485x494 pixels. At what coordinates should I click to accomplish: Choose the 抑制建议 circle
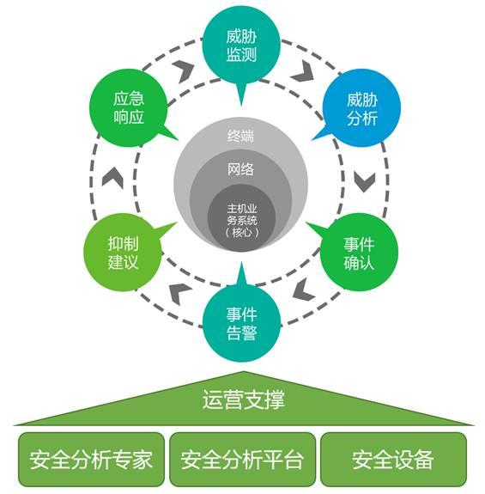click(x=123, y=251)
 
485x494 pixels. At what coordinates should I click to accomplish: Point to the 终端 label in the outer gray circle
click(x=241, y=135)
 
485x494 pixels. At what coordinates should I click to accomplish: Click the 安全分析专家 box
click(x=90, y=459)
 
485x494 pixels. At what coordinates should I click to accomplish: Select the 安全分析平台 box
click(x=242, y=459)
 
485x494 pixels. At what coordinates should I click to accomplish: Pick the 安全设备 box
click(x=393, y=459)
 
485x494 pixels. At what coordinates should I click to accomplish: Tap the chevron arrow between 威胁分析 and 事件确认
click(x=364, y=181)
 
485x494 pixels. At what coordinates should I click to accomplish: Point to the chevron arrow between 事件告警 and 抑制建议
click(x=179, y=290)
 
